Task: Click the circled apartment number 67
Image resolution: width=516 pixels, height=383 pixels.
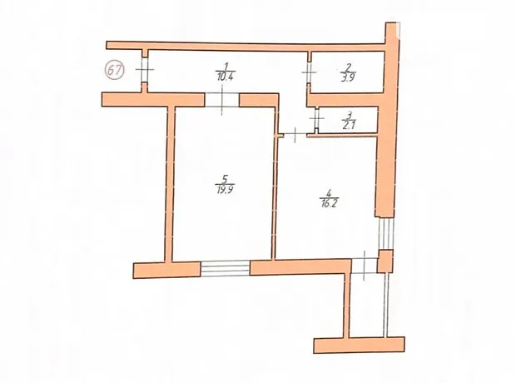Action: click(x=114, y=70)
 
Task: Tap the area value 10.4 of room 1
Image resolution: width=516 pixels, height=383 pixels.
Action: click(x=225, y=77)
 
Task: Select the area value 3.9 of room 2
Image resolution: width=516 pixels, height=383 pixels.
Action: click(x=348, y=77)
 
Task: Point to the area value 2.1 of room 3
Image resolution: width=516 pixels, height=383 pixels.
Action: click(x=349, y=126)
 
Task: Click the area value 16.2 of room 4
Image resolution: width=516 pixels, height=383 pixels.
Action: click(x=330, y=204)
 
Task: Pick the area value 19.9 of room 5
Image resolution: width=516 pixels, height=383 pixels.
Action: click(x=225, y=190)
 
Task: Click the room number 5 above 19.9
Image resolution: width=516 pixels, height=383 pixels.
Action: click(x=225, y=179)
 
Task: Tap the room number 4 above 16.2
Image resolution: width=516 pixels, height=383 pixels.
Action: click(x=329, y=192)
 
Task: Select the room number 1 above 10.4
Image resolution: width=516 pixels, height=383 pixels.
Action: click(x=226, y=66)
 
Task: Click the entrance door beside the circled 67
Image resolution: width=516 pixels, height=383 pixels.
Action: click(x=144, y=70)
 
